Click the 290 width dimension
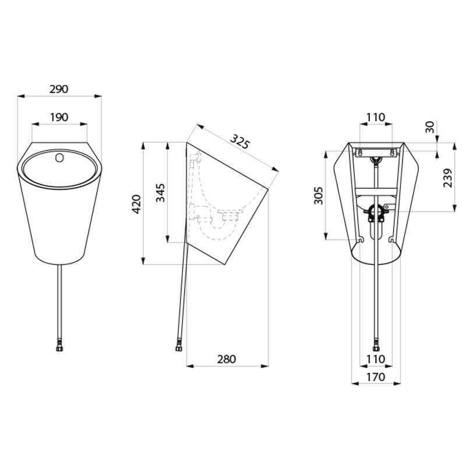(59, 89)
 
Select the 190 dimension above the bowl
(59, 117)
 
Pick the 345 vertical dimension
(161, 192)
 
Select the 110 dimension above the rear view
(376, 117)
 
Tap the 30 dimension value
(430, 127)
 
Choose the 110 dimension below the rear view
(376, 359)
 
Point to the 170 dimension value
(376, 377)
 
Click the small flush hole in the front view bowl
(59, 157)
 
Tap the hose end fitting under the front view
(59, 348)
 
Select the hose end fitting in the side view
(178, 348)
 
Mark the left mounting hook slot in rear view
(361, 239)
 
